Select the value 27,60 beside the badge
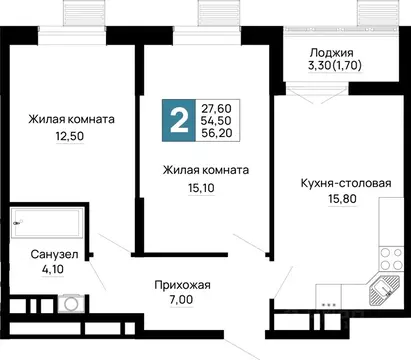217,108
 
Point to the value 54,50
217,123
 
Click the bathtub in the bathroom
44,223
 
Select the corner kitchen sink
384,293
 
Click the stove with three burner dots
327,300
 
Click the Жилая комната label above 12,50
70,119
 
